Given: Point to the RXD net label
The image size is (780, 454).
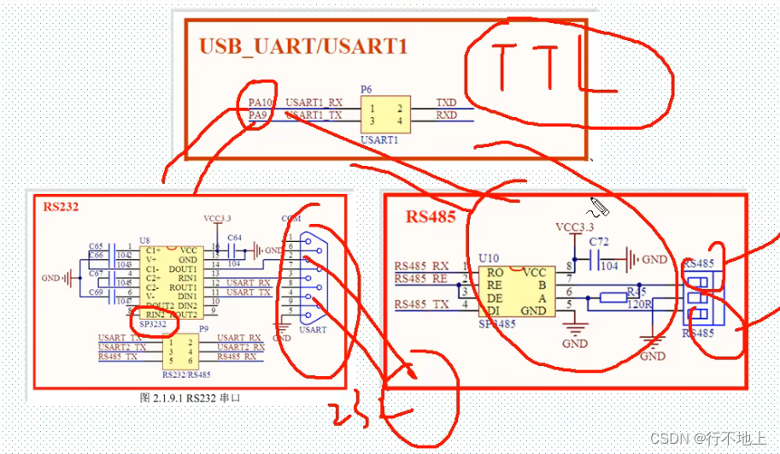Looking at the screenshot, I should [x=446, y=115].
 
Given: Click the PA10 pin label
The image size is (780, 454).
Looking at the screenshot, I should [x=260, y=102].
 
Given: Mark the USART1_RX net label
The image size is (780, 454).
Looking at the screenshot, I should [x=314, y=101].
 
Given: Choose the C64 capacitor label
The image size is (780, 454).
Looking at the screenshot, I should [x=233, y=237].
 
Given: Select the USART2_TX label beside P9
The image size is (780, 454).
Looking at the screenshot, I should [x=120, y=347].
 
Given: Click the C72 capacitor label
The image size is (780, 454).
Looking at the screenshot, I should [x=599, y=243].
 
